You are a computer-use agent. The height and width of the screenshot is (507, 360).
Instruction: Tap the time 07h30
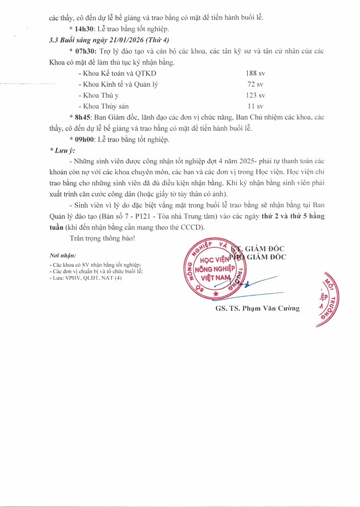tap(86, 51)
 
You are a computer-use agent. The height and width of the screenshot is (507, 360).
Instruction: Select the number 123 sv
tap(255, 95)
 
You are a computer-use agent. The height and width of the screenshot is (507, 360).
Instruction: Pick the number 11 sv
tap(256, 106)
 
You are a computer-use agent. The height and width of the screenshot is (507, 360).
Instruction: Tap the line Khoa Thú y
tap(99, 95)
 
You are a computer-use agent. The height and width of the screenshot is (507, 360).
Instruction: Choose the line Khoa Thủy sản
tap(104, 106)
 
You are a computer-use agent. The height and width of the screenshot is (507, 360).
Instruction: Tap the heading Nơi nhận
tap(62, 255)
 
